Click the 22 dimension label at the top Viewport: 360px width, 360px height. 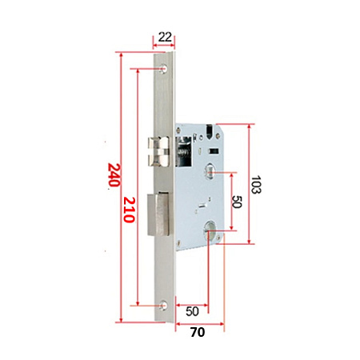coord(165,37)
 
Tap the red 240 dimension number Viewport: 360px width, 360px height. coord(114,175)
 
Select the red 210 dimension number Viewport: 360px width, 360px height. coord(130,210)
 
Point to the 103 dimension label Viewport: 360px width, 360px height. coord(256,185)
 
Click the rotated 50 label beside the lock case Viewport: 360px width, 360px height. coord(237,202)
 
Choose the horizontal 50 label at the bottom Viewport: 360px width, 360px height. coord(192,311)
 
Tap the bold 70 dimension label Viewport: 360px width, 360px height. coord(198,332)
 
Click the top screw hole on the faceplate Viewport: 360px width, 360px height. coord(163,69)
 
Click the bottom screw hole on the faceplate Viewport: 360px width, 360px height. coord(163,306)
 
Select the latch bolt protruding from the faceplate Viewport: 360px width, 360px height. coord(158,151)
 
